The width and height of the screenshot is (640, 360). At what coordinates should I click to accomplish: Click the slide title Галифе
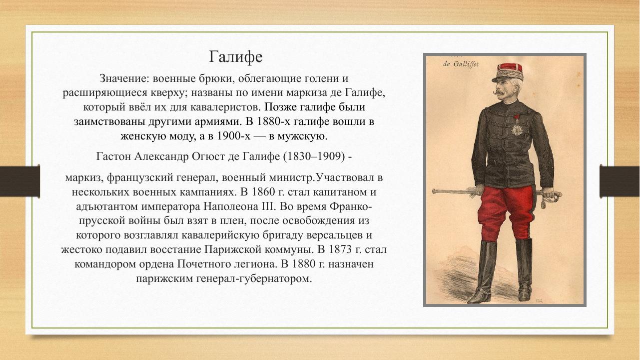pyautogui.click(x=235, y=57)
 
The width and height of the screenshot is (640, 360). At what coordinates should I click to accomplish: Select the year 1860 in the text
pyautogui.click(x=264, y=192)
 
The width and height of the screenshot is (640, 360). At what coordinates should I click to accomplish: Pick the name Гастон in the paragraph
pyautogui.click(x=114, y=156)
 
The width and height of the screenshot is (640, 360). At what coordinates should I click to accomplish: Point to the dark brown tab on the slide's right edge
pyautogui.click(x=620, y=181)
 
